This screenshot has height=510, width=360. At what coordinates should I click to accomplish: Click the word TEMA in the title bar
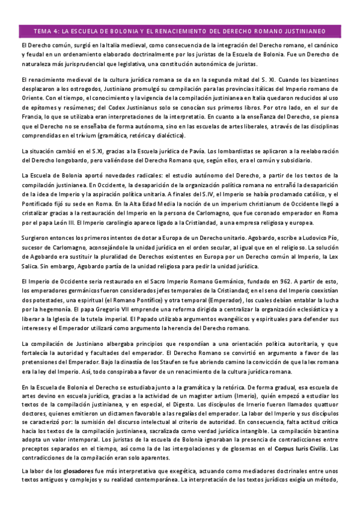click(x=43, y=31)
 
